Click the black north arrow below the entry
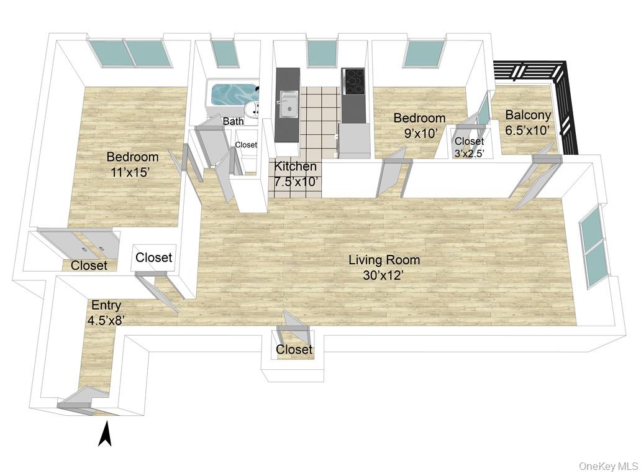[105, 434]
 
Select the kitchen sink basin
[289, 104]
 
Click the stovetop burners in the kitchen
[353, 82]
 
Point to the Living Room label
[384, 260]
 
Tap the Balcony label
[528, 116]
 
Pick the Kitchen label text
[295, 167]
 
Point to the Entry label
[106, 305]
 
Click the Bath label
[233, 121]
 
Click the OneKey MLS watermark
[609, 466]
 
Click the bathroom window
[225, 53]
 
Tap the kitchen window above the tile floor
[322, 55]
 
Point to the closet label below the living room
[294, 349]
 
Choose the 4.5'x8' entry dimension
[106, 320]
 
